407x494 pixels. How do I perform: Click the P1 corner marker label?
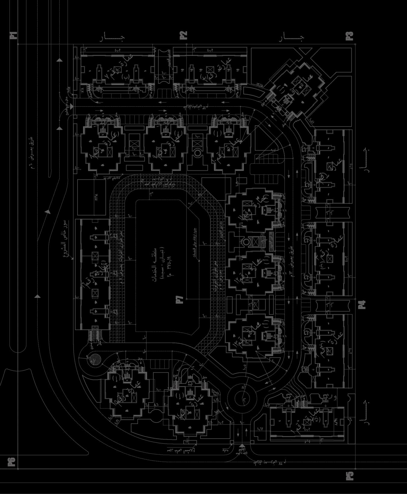click(14, 35)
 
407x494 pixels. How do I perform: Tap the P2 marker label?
click(183, 35)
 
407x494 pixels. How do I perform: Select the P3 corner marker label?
click(349, 36)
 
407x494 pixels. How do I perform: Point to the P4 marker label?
click(362, 305)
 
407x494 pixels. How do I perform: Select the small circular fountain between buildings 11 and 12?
click(246, 241)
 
